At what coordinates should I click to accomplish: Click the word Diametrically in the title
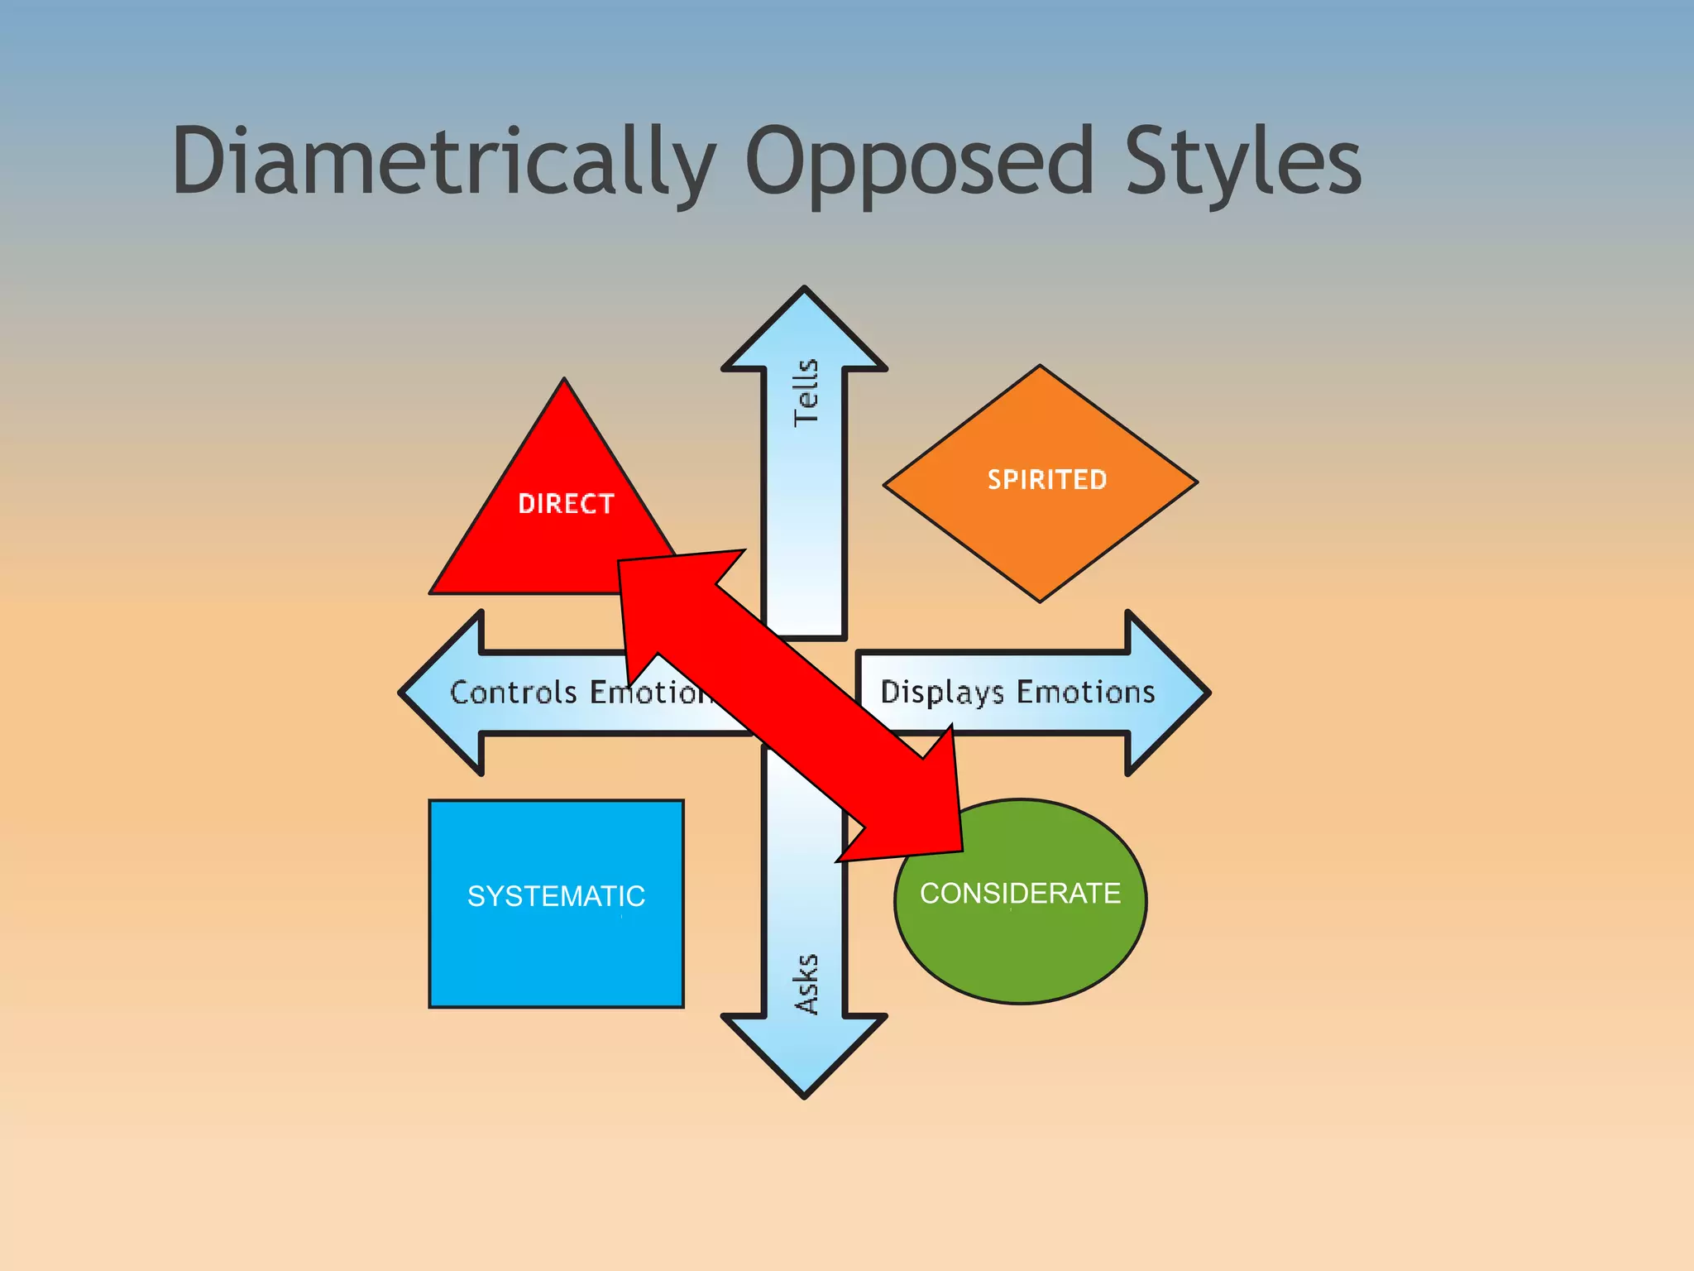click(x=443, y=161)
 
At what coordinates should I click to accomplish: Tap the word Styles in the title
click(x=1241, y=161)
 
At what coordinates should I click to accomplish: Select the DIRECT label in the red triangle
click(x=566, y=503)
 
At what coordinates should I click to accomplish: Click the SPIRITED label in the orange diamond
click(x=1046, y=479)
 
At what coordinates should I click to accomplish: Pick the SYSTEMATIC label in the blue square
click(x=556, y=895)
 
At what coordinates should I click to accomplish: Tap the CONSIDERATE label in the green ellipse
click(x=1020, y=893)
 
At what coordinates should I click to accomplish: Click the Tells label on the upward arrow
click(x=806, y=393)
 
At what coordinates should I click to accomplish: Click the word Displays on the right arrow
click(x=941, y=692)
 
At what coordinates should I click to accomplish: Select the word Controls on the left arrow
click(x=513, y=692)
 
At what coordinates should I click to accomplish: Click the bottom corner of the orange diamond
click(x=1040, y=599)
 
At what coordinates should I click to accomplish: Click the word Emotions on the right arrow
click(x=1085, y=692)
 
